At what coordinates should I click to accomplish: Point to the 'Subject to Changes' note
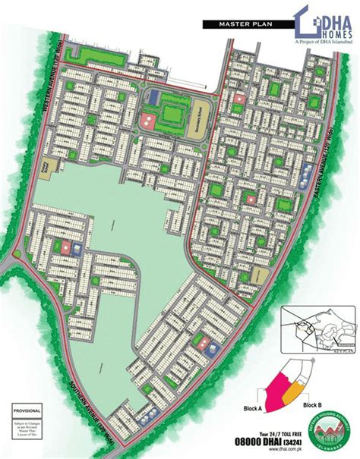pos(27,426)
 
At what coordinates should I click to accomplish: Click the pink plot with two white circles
pos(148,119)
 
